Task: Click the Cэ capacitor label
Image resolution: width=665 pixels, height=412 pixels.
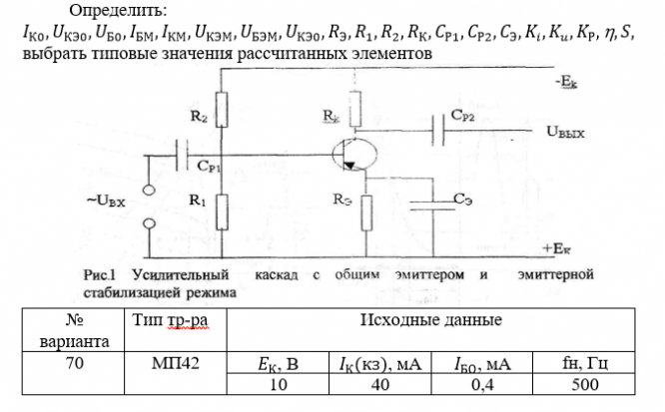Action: pos(462,200)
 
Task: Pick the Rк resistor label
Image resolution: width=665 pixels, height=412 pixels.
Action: pos(332,117)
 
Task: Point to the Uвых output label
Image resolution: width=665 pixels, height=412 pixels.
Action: pos(565,131)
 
